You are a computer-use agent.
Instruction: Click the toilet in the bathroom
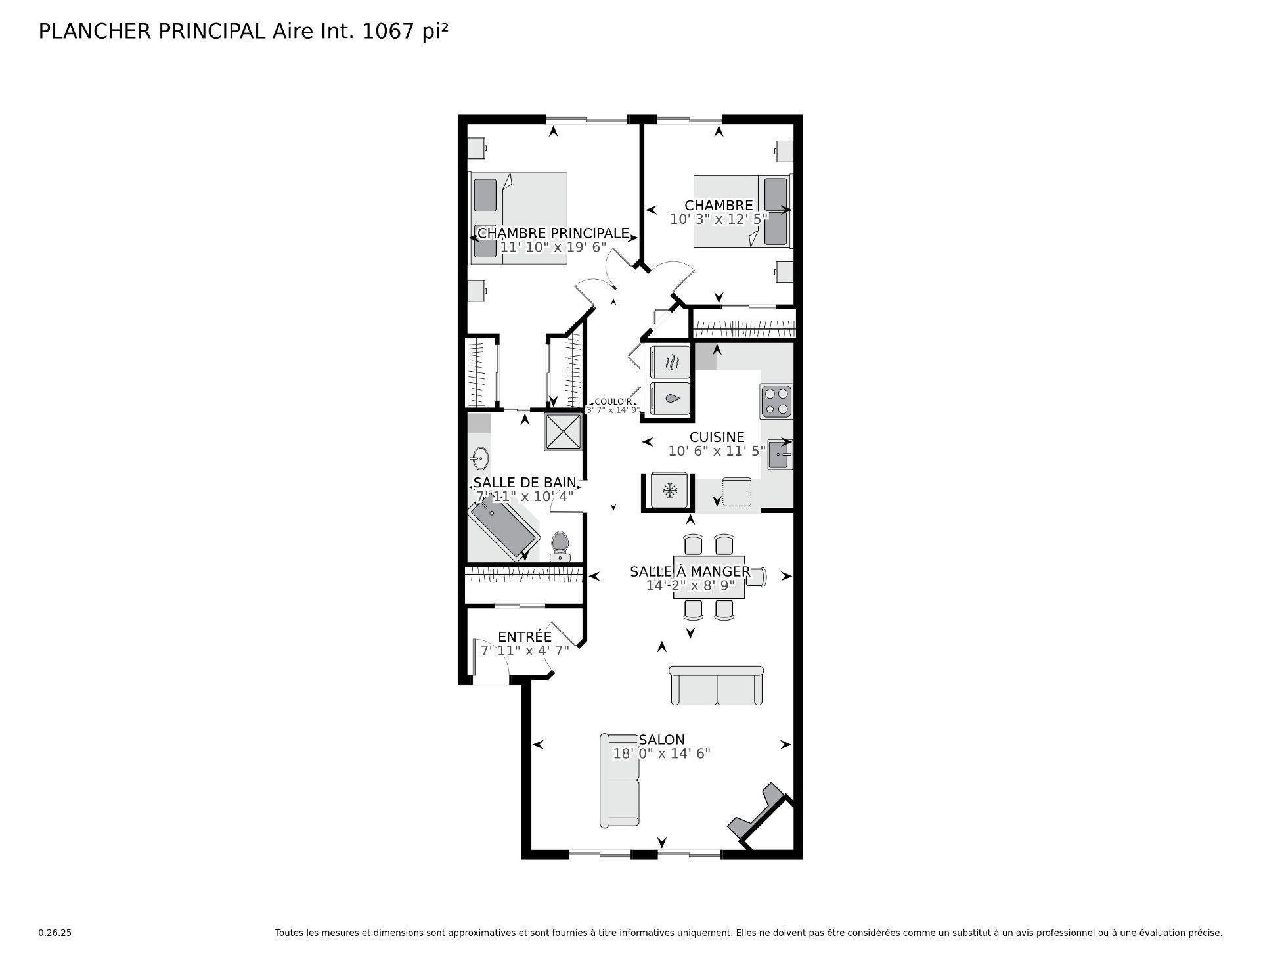[560, 545]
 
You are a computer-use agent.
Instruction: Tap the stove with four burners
[776, 401]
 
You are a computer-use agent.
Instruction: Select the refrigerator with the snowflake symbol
[669, 490]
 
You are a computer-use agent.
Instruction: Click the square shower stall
[563, 432]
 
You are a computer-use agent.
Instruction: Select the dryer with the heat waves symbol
[670, 362]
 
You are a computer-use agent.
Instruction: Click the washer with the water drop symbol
[670, 398]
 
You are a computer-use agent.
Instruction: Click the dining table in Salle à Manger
[709, 577]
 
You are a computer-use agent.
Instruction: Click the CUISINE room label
[717, 437]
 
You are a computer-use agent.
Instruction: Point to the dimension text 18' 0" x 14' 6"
[661, 754]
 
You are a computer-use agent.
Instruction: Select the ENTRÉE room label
[524, 637]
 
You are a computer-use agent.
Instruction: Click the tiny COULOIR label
[613, 402]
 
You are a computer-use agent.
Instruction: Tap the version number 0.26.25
[55, 933]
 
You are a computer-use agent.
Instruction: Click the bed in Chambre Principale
[519, 219]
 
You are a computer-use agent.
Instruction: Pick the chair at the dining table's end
[757, 577]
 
